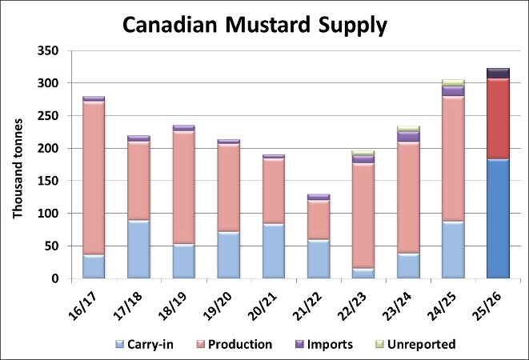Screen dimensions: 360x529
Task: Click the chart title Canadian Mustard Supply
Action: (254, 25)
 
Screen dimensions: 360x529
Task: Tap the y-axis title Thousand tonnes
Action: (18, 167)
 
